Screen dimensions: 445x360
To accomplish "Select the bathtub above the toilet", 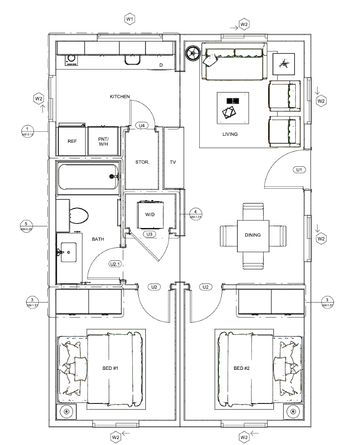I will tap(88, 180).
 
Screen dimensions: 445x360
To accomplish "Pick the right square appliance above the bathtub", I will tap(104, 140).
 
